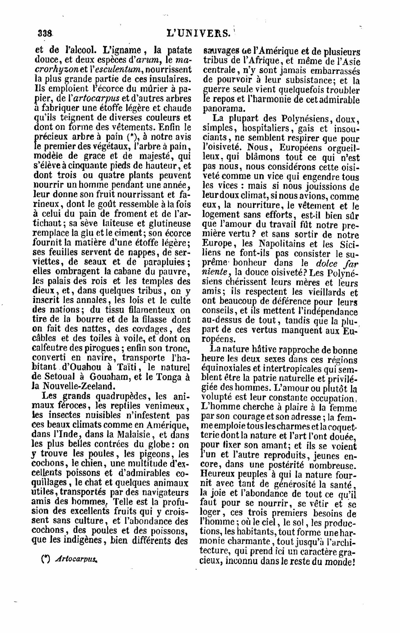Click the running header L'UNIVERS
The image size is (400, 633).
tap(198, 33)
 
